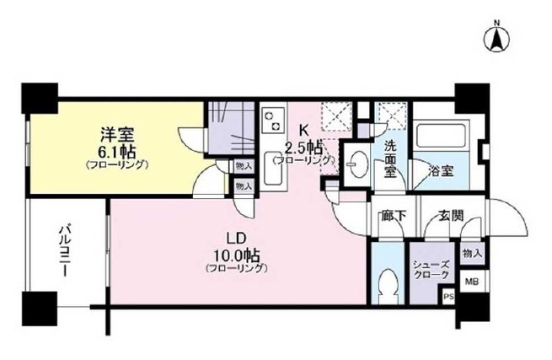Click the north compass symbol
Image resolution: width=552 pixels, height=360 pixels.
[498, 37]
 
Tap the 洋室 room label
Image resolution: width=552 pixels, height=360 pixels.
[115, 135]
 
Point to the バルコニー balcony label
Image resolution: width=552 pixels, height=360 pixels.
[64, 254]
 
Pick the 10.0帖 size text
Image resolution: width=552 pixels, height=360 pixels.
[235, 254]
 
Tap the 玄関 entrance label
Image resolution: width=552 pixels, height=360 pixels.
[450, 216]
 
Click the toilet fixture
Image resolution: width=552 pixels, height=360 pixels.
[388, 283]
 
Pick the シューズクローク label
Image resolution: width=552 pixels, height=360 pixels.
[431, 270]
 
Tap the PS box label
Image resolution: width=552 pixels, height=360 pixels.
[448, 297]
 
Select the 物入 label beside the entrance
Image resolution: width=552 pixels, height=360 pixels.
[471, 254]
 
